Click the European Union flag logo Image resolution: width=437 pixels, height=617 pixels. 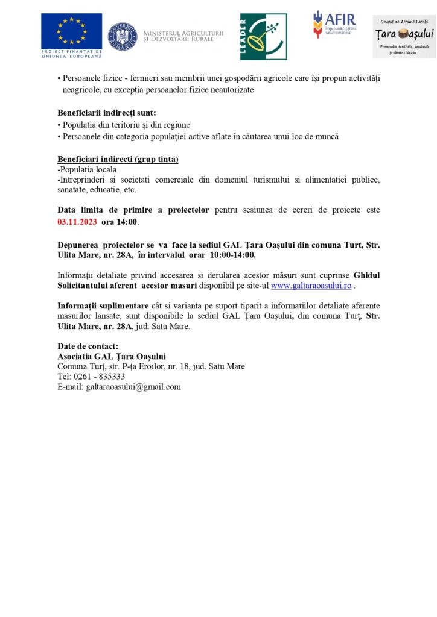click(x=71, y=31)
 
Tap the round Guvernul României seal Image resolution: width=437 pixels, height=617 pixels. click(x=123, y=36)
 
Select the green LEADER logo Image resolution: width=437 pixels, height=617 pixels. click(x=263, y=36)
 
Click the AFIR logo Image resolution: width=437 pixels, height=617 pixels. click(x=334, y=25)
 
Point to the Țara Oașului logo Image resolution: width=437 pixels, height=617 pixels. click(x=404, y=36)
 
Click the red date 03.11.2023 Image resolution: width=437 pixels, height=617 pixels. click(x=77, y=222)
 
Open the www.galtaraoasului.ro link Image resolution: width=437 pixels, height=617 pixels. click(x=311, y=286)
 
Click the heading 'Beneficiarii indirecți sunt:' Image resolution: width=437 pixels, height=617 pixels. click(x=107, y=113)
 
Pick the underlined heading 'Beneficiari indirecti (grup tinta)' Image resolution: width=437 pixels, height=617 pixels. click(x=118, y=159)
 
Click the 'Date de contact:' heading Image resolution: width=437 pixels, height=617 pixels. click(x=88, y=346)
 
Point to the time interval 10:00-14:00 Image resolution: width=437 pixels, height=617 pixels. click(x=225, y=254)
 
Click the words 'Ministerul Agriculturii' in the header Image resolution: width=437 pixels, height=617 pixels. click(x=183, y=31)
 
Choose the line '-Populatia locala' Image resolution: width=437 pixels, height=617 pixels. click(x=88, y=169)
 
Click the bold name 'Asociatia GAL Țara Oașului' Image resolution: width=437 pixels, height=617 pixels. click(x=112, y=356)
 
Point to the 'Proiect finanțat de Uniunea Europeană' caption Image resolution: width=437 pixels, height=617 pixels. click(x=71, y=54)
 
